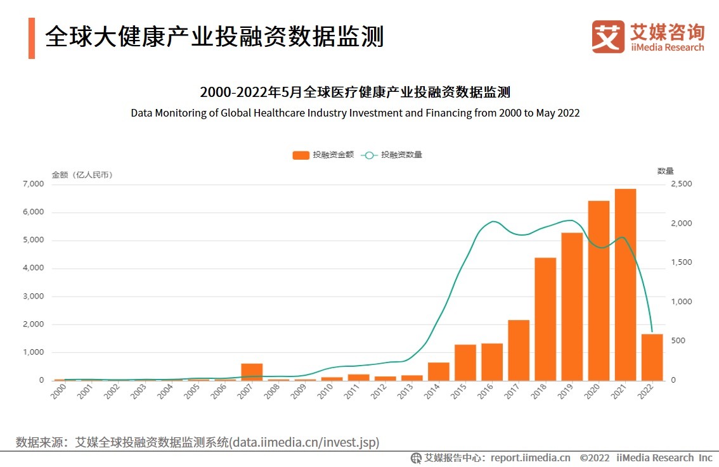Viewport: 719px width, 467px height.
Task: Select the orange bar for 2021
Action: (x=625, y=285)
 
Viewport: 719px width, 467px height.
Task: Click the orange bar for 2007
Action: (x=252, y=372)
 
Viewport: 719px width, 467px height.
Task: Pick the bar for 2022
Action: (x=652, y=357)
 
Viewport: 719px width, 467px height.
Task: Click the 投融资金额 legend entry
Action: (x=323, y=155)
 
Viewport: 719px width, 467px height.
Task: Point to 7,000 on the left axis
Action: (x=32, y=184)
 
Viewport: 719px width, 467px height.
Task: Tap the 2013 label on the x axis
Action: (x=406, y=392)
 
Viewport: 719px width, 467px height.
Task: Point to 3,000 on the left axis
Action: (x=32, y=296)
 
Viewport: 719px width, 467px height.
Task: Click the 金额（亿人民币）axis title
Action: (x=82, y=175)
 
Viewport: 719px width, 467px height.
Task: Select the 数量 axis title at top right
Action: (x=665, y=170)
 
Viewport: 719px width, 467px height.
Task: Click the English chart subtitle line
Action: (x=355, y=113)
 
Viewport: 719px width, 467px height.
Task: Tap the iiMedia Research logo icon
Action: (x=607, y=36)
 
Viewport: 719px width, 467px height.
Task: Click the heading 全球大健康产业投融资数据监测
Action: (x=214, y=37)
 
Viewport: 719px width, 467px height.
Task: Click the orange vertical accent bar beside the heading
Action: (x=32, y=38)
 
